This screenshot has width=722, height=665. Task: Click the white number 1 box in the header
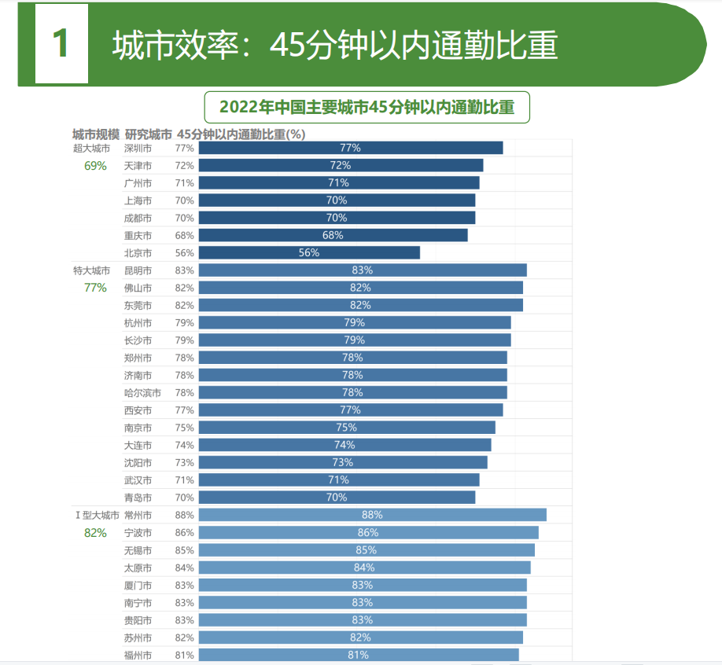click(x=61, y=44)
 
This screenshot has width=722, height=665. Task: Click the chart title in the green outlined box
click(x=367, y=108)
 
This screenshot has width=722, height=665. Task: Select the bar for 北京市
click(x=309, y=252)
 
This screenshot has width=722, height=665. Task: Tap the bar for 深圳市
click(x=350, y=148)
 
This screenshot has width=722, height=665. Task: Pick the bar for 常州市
click(x=372, y=515)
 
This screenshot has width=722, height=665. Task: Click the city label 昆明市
click(x=138, y=270)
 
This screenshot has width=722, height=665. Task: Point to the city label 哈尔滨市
click(x=142, y=392)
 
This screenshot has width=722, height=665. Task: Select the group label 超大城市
click(x=91, y=148)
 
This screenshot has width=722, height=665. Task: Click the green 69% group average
click(x=95, y=165)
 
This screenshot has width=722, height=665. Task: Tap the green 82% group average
click(x=95, y=532)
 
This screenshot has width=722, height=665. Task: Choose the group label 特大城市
click(x=91, y=270)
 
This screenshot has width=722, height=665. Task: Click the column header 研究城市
click(x=148, y=134)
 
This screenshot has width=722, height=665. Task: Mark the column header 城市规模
click(x=96, y=134)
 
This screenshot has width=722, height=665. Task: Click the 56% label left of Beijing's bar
click(x=184, y=253)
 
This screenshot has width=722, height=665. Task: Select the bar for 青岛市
click(x=337, y=498)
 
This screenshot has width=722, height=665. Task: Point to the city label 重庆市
click(x=138, y=236)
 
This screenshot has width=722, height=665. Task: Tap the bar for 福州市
click(x=358, y=655)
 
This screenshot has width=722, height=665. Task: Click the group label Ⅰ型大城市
click(x=96, y=516)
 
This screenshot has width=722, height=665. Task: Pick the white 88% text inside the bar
click(x=372, y=515)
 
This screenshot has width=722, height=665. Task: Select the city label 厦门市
click(x=138, y=585)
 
